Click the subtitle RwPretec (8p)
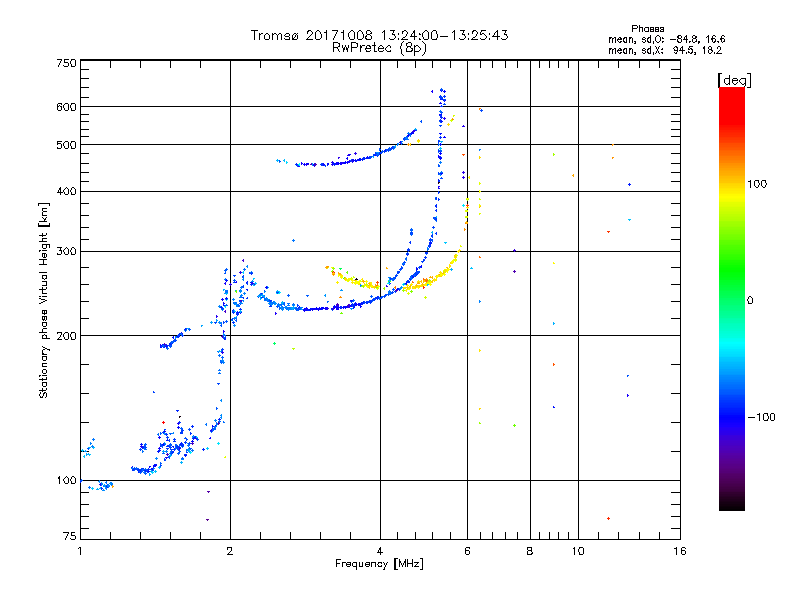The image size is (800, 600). point(379,48)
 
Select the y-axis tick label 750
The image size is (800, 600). point(66,63)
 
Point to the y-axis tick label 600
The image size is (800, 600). point(66,107)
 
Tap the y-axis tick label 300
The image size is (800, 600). point(66,252)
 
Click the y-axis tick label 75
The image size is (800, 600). point(70,536)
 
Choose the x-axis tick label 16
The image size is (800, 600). point(680,551)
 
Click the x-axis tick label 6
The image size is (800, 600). point(467,551)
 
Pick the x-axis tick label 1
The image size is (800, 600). point(80,551)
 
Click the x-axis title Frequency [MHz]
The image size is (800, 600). point(379,564)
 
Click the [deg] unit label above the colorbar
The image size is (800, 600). point(734,80)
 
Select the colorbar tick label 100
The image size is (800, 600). point(757,184)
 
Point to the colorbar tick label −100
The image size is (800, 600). point(762,417)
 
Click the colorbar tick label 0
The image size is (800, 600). point(750,301)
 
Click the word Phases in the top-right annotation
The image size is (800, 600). point(647,29)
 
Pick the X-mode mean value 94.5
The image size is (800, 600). point(686,50)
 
